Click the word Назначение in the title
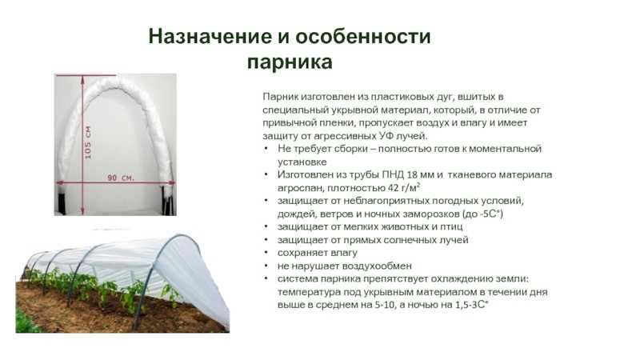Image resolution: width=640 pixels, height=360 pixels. (210, 36)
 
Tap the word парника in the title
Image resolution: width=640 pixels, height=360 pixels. (290, 62)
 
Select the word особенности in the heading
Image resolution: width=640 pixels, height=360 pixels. (363, 36)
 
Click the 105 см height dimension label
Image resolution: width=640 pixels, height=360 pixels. (87, 142)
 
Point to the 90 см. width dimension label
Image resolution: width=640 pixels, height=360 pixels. (121, 178)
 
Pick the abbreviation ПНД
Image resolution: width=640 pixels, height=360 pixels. (392, 174)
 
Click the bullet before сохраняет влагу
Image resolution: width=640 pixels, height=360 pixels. (266, 253)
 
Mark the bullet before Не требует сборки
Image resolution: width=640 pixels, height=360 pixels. (266, 148)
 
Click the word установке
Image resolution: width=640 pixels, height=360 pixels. (302, 162)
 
